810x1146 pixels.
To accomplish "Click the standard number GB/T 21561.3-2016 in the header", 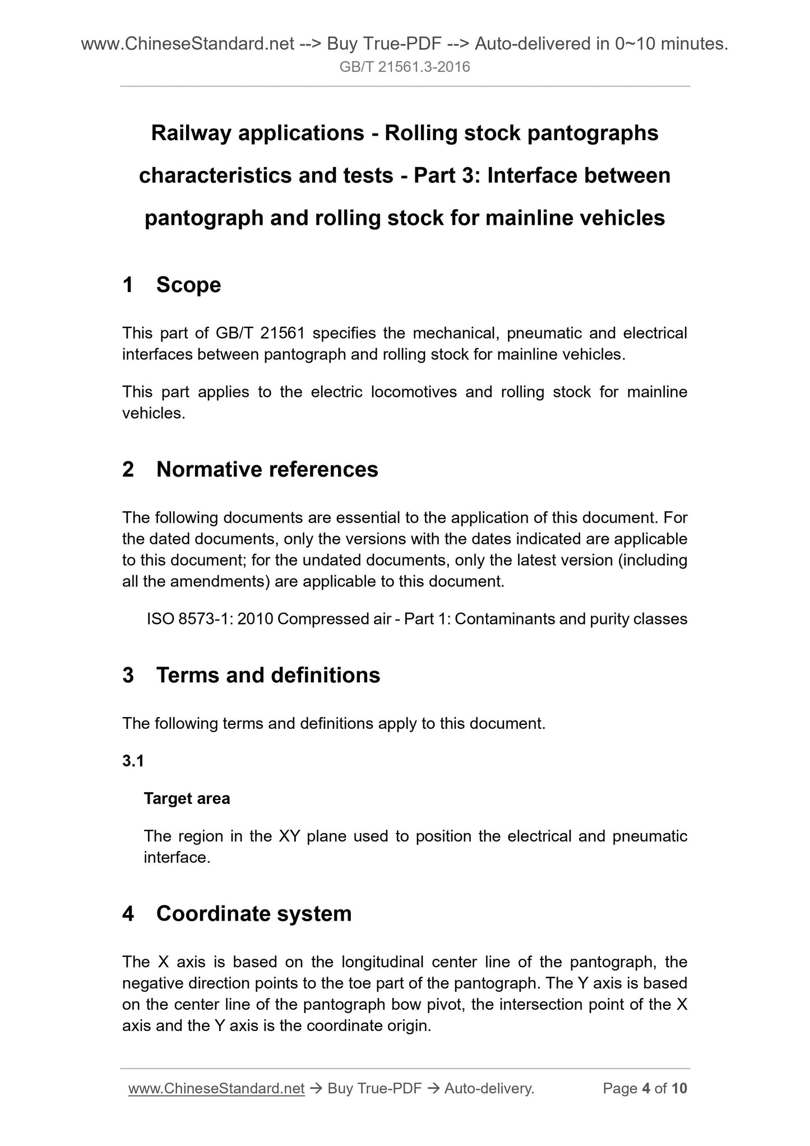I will pos(405,67).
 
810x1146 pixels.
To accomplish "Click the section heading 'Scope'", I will pos(188,285).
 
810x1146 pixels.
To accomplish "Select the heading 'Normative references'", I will pos(267,469).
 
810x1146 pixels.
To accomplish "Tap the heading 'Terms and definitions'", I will pos(268,675).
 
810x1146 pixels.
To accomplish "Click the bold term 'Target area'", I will pos(187,798).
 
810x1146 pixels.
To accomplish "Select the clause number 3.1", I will pos(133,761).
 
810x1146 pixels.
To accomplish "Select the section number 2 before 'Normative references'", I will pos(128,469).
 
